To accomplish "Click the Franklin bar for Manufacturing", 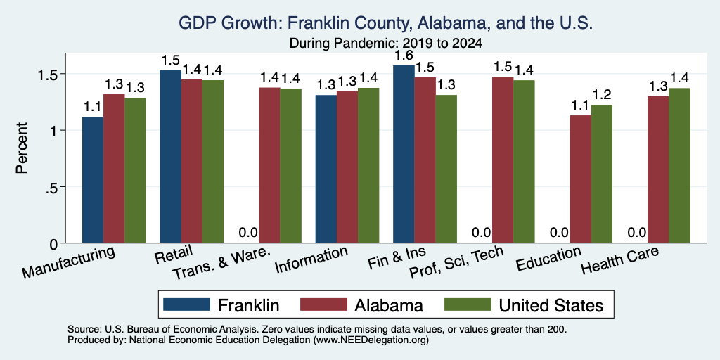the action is click(x=93, y=180).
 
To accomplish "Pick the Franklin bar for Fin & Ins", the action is click(x=404, y=154).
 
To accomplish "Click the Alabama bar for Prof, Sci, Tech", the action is click(x=503, y=160).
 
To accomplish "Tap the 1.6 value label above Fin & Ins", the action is click(x=404, y=56).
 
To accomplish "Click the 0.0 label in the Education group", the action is click(x=559, y=233).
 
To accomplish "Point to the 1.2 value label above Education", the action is click(x=602, y=95).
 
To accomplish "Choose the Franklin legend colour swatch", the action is click(x=186, y=304).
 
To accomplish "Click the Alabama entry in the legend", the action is click(x=389, y=305).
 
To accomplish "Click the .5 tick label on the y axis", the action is click(x=53, y=187).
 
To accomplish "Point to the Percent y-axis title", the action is click(x=22, y=148).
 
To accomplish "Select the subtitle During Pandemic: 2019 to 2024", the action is click(x=386, y=43).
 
